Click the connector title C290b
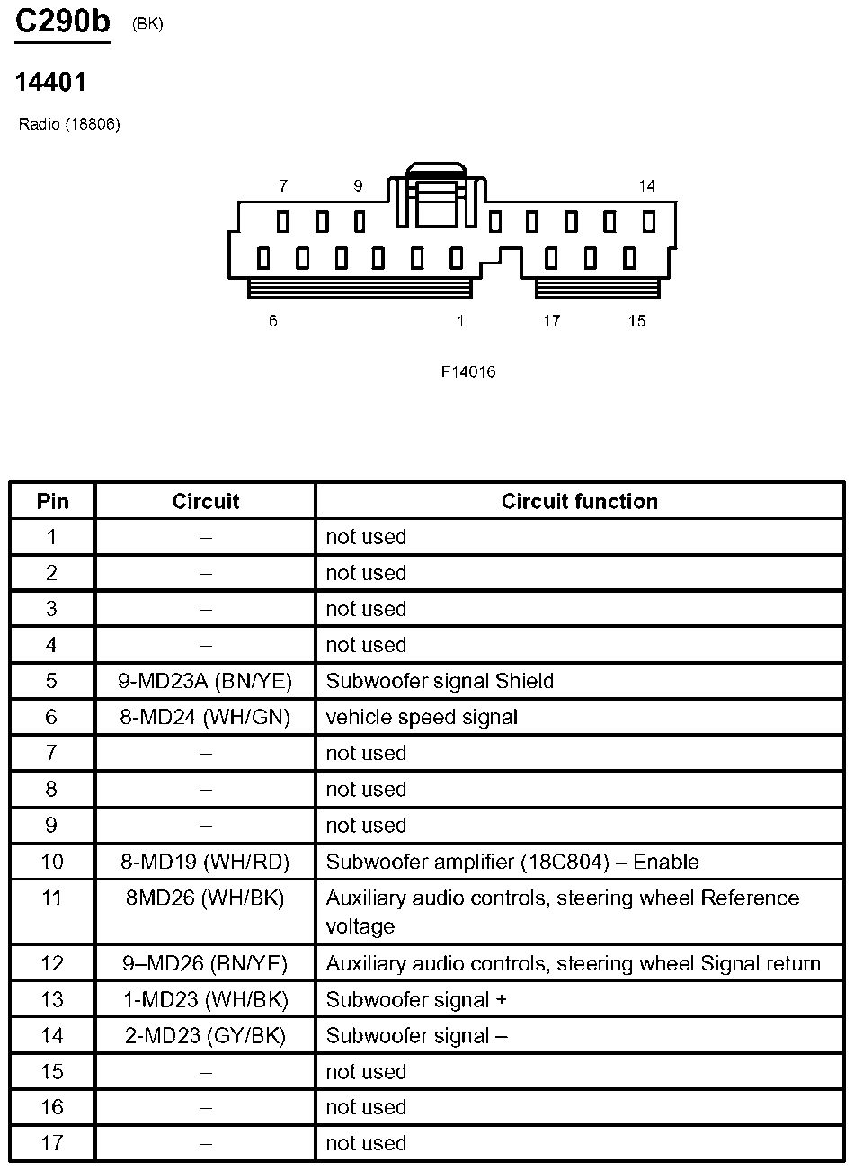point(62,22)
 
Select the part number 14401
point(50,83)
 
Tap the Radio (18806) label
point(69,124)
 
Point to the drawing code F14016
point(468,371)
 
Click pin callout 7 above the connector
point(283,186)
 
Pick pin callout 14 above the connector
point(646,186)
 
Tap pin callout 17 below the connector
point(551,321)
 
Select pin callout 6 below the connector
point(273,321)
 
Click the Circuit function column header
point(579,501)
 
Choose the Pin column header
point(52,501)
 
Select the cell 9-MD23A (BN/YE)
point(205,681)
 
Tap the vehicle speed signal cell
point(422,717)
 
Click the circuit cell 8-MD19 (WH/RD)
point(205,862)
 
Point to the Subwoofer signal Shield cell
point(440,681)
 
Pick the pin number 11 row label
point(52,898)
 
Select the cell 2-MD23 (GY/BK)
point(205,1035)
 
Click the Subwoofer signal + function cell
point(408,999)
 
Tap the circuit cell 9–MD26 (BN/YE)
point(205,963)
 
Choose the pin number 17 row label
point(52,1143)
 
